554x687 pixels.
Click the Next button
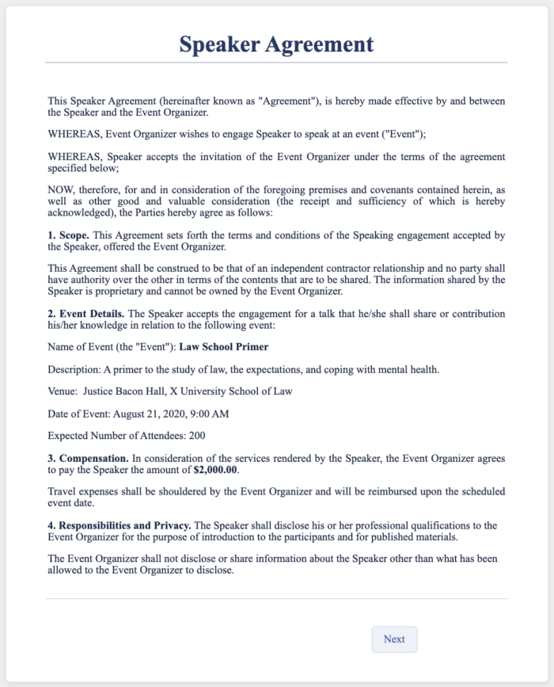pos(394,639)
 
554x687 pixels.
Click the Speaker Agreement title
pos(276,44)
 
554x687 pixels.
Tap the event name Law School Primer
pos(223,346)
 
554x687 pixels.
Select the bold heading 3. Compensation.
pos(87,457)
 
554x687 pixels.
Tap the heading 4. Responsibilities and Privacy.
pos(125,525)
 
